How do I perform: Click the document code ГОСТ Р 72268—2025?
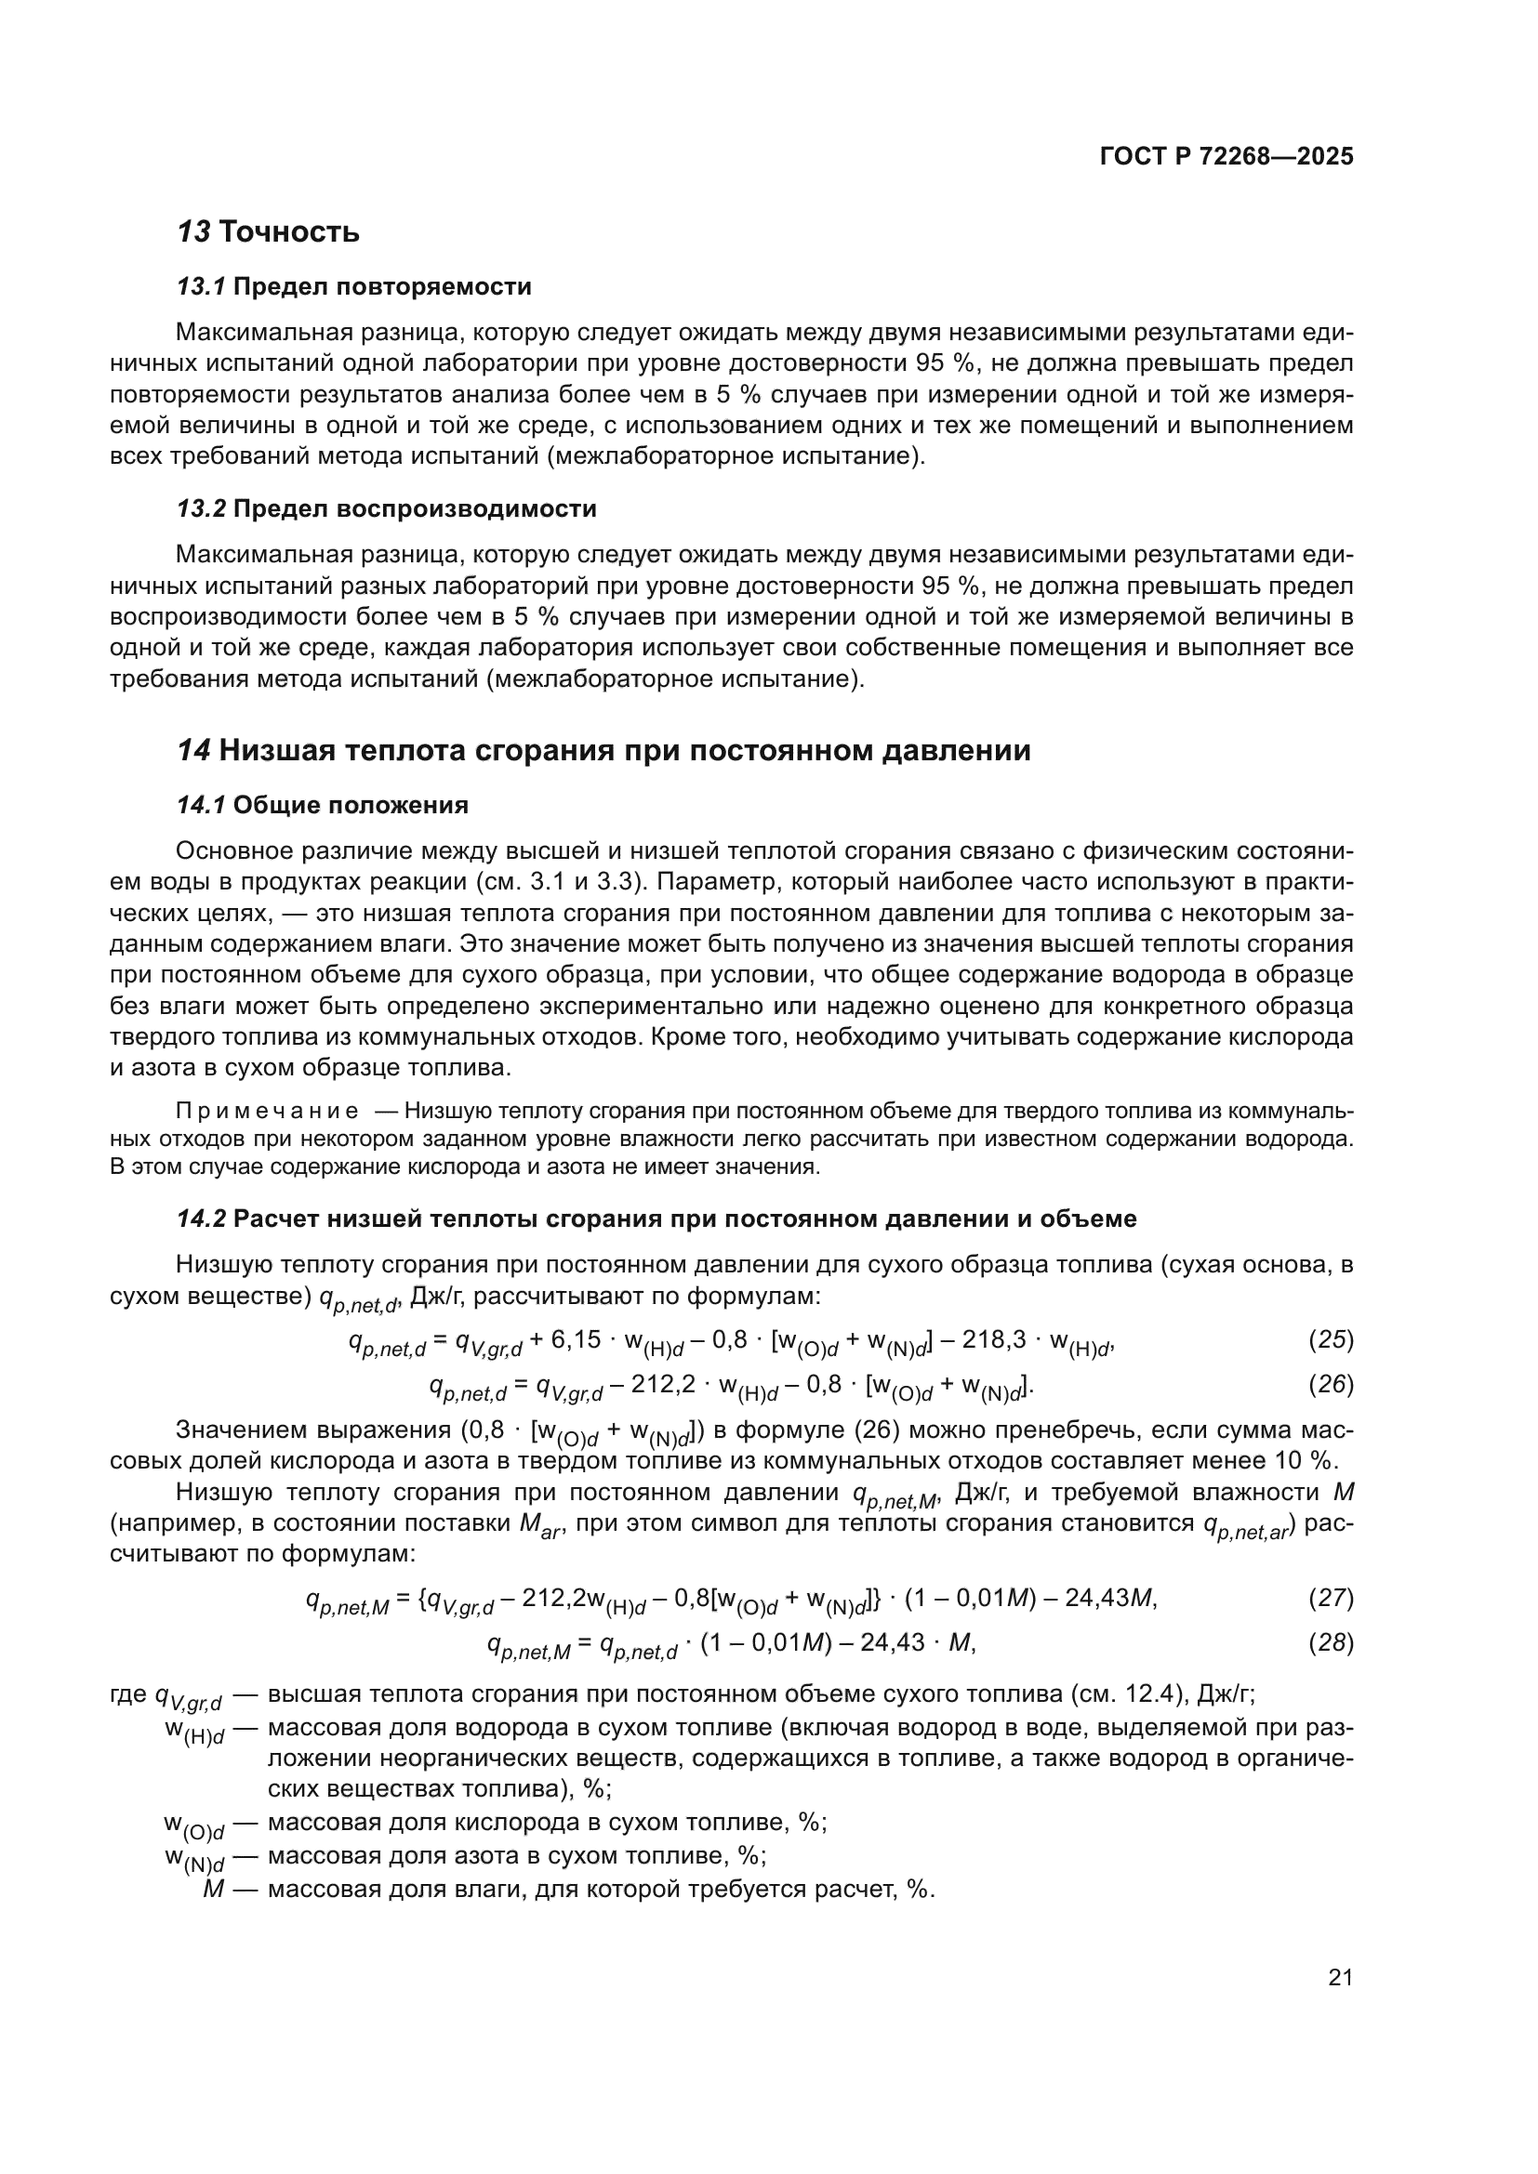point(1226,156)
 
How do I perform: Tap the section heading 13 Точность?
point(269,232)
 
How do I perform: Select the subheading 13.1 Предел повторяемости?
point(354,287)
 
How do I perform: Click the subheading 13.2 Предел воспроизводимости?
point(387,509)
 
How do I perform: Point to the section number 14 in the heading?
point(193,751)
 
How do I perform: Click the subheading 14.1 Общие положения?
point(323,806)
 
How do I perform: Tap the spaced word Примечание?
point(267,1111)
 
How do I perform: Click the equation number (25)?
point(1331,1340)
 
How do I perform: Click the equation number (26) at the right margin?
point(1331,1385)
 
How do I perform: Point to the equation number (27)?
point(1331,1599)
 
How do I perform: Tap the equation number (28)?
point(1331,1642)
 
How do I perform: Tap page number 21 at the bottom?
point(1340,1978)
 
